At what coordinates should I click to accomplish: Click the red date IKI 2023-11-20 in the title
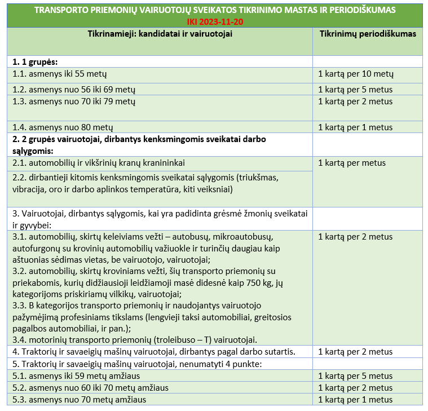(215, 21)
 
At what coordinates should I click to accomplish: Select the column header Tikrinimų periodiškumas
(368, 34)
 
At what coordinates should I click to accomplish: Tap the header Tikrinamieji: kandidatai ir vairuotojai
(160, 34)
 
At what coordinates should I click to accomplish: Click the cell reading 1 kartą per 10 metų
(356, 74)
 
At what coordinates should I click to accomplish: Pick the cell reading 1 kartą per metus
(352, 163)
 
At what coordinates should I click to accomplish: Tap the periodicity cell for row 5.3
(355, 400)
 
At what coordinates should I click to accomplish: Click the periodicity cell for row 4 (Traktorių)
(355, 352)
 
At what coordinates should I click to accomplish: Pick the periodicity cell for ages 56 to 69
(355, 89)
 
